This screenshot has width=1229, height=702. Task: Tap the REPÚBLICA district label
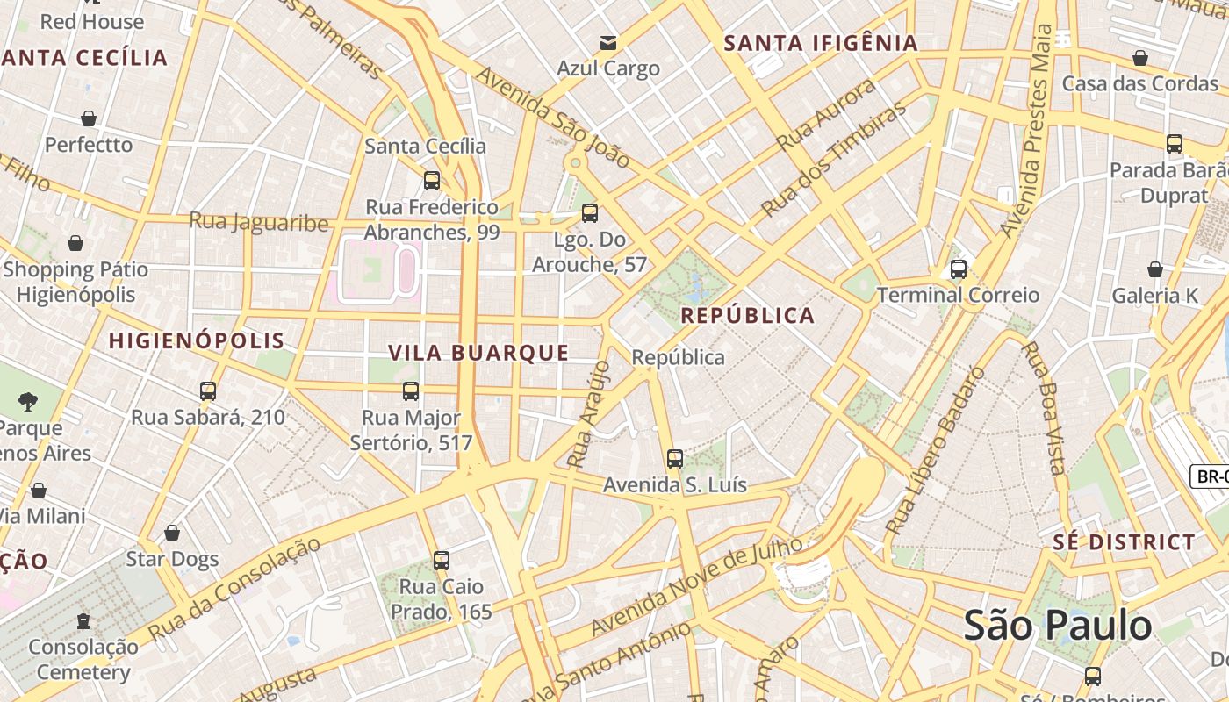coord(748,316)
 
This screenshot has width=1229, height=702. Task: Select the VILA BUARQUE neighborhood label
coord(478,353)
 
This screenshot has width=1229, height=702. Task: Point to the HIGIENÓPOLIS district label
coord(197,341)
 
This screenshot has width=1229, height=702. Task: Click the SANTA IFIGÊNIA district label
coord(821,43)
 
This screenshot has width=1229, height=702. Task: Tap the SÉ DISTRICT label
coord(1124,542)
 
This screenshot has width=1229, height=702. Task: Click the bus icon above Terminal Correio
coord(958,269)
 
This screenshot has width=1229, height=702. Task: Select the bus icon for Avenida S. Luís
coord(674,459)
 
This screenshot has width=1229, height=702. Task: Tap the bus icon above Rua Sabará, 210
coord(208,391)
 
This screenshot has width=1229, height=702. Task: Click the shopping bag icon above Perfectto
coord(89,118)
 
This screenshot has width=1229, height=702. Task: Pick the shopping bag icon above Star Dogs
coord(172,533)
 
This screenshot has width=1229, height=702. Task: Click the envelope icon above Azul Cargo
coord(607,43)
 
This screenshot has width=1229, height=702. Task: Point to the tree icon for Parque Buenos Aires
coord(28,402)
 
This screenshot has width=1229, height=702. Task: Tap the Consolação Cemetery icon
coord(83,621)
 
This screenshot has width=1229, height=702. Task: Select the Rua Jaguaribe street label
coord(259,221)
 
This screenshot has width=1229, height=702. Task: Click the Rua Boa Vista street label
coord(1045,407)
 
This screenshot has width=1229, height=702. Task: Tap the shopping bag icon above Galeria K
coord(1154,269)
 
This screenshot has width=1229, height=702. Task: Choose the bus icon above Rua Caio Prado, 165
coord(441,560)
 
